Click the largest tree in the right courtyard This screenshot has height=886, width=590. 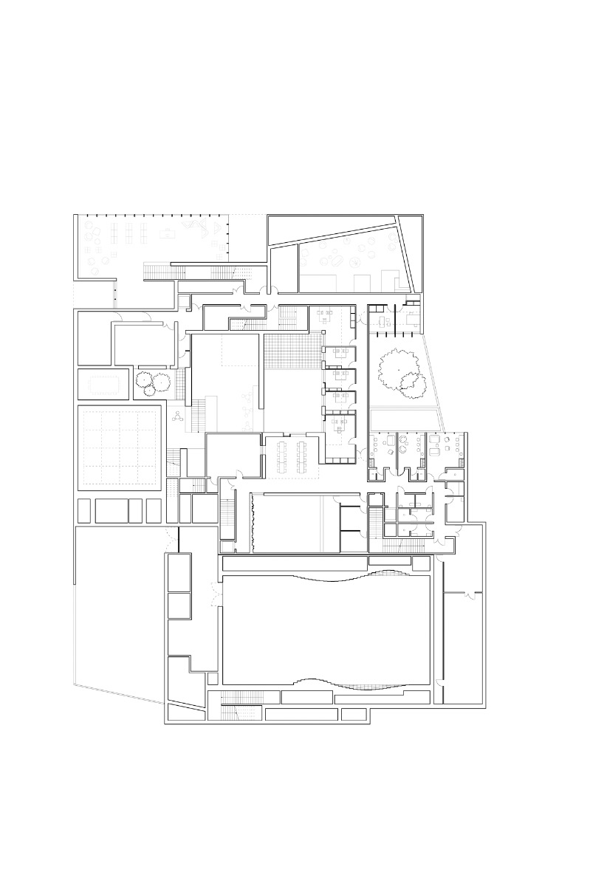coord(396,366)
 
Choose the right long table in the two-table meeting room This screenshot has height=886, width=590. coord(303,458)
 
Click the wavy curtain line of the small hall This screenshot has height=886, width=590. coord(253,523)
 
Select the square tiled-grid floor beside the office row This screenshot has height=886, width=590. coord(292,351)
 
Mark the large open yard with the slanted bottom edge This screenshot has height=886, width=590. coord(118,605)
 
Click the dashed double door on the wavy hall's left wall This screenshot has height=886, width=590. coord(215,591)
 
